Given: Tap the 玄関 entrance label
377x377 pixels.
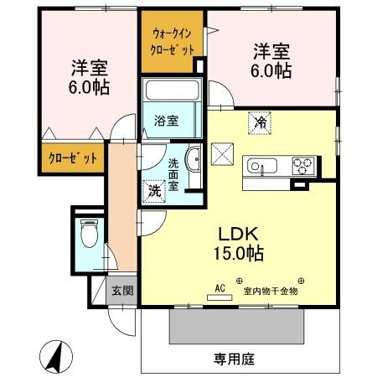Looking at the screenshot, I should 122,292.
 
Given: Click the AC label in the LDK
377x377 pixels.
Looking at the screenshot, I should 220,288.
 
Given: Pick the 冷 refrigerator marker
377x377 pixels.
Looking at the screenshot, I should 260,123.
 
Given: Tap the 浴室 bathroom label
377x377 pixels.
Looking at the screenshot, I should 166,121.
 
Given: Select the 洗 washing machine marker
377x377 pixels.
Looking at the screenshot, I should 155,190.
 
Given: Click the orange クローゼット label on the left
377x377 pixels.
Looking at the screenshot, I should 72,158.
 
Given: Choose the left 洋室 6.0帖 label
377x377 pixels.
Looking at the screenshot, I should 88,76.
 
